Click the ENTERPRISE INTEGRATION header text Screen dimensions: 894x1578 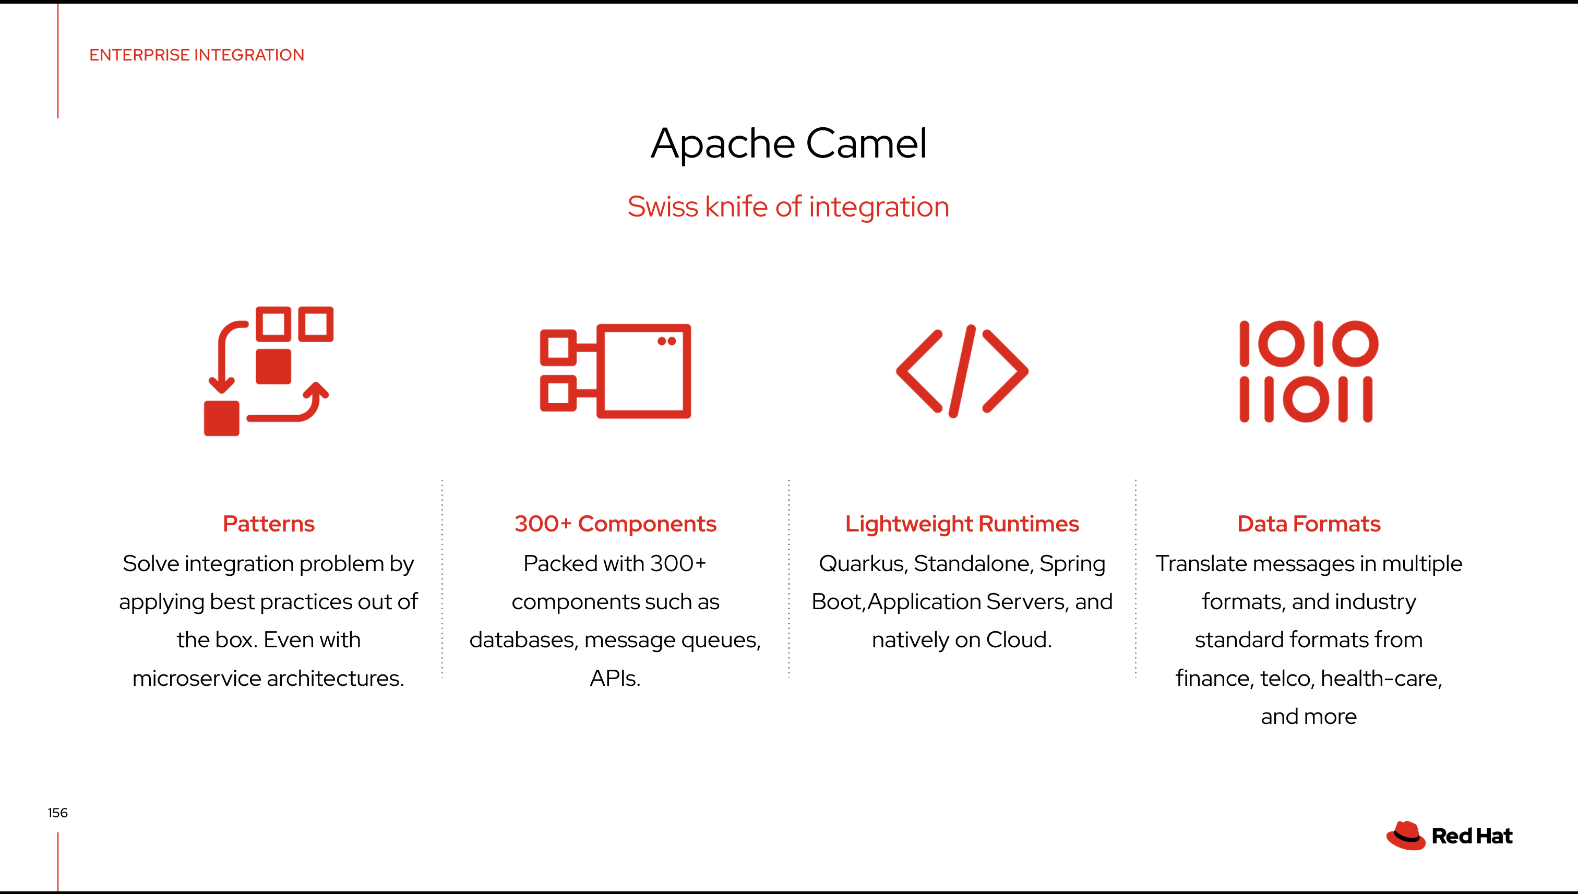coord(197,55)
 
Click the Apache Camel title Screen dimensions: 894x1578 coord(788,143)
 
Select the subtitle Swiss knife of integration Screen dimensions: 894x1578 coord(788,207)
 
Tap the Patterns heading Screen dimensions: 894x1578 coord(268,524)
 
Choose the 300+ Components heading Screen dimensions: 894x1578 coord(615,524)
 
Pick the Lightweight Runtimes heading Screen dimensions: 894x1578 coord(962,524)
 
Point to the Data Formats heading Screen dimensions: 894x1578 coord(1309,524)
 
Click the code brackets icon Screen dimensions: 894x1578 coord(962,371)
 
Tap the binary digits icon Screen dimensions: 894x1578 coord(1308,371)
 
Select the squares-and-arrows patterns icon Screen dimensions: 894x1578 coord(269,371)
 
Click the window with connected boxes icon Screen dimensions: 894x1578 coord(615,371)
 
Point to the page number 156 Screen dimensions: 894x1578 coord(58,813)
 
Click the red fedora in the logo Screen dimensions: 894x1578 coord(1405,836)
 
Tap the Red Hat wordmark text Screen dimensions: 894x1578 coord(1472,836)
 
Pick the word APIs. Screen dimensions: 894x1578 coord(615,679)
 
